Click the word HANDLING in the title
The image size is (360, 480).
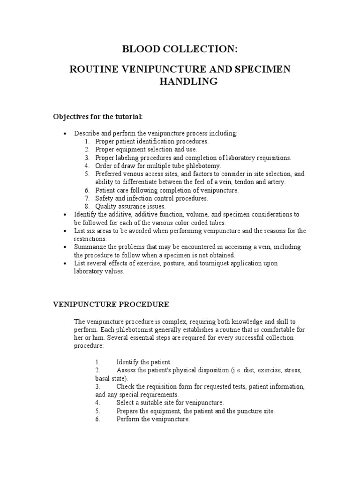(x=180, y=82)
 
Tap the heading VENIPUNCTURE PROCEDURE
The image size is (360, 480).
(x=110, y=305)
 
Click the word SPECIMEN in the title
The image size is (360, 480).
(x=265, y=69)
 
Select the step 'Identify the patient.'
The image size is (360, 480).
(x=144, y=362)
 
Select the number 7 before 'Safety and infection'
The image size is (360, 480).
(x=87, y=198)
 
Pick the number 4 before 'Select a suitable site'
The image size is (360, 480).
(x=97, y=403)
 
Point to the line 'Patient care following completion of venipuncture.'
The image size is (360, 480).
(x=167, y=190)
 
